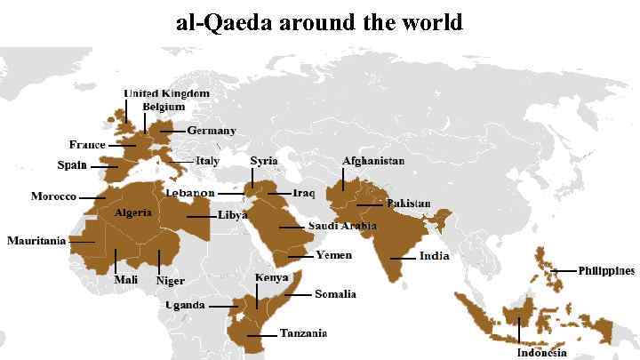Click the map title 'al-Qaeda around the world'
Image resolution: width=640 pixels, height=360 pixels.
tap(319, 21)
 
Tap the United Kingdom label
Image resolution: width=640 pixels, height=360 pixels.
tap(166, 93)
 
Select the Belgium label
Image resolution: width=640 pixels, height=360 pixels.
tap(164, 107)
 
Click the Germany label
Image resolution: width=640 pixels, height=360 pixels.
tap(212, 131)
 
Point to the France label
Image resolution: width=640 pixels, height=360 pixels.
tap(87, 144)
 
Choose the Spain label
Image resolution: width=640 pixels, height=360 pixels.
tap(72, 165)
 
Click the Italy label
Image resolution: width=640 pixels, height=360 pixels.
tap(207, 161)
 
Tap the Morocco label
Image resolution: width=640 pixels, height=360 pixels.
tap(53, 196)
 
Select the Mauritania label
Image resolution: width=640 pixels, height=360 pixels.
tap(36, 241)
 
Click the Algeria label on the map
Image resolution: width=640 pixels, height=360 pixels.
tap(132, 213)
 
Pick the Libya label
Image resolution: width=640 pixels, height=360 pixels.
tap(233, 215)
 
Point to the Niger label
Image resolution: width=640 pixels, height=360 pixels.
tap(170, 281)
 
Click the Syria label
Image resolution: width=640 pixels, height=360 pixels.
tap(263, 161)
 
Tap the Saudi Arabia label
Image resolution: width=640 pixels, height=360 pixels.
tap(342, 226)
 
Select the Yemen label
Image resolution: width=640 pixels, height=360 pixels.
tap(334, 255)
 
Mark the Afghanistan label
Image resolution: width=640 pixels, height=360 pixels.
tap(373, 161)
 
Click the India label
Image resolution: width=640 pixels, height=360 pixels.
tap(435, 256)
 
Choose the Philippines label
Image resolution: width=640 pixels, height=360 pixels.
tap(606, 270)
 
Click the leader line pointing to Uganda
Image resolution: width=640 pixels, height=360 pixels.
tap(221, 306)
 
